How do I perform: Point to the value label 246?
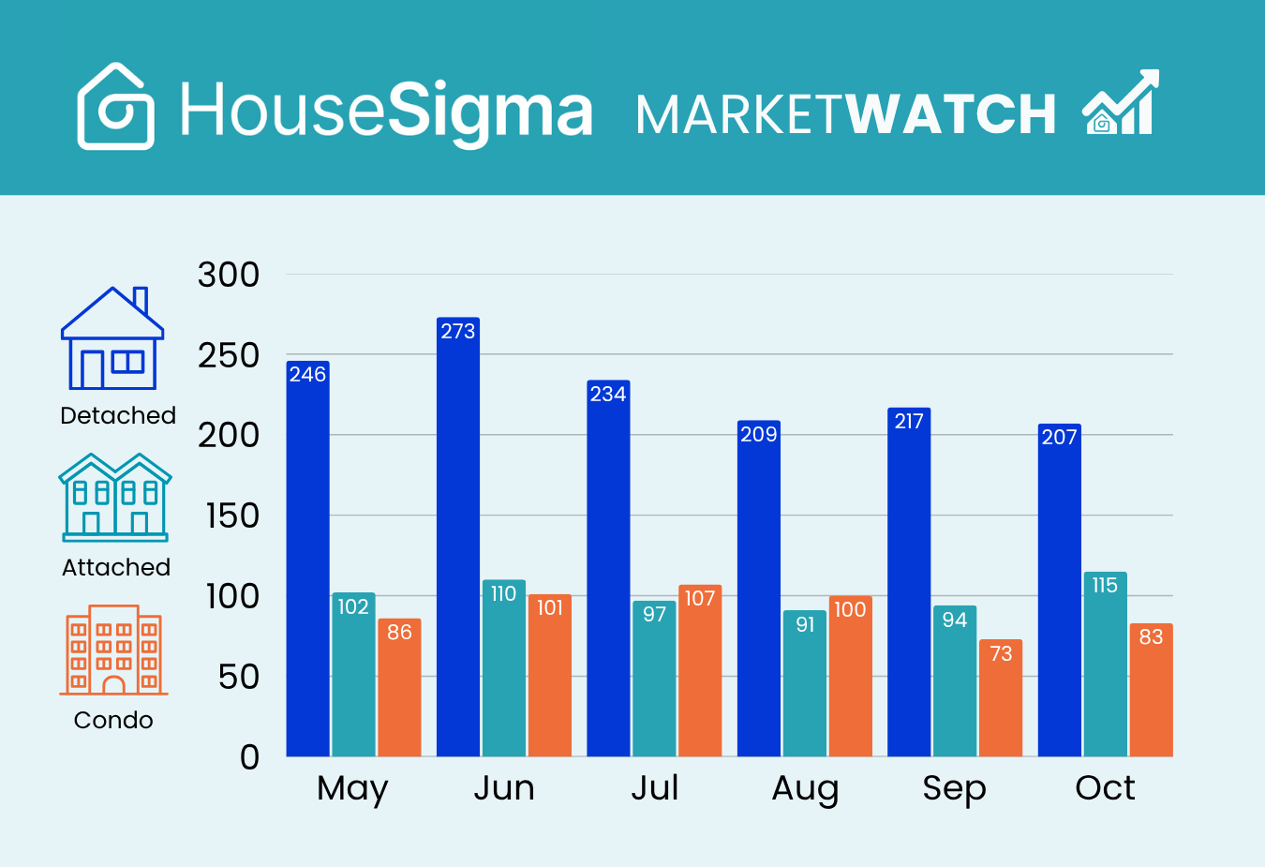point(307,375)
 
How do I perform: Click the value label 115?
point(1105,586)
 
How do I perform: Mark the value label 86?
point(399,633)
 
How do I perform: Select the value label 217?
point(909,422)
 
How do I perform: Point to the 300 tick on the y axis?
point(229,276)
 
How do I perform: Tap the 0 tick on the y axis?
point(249,757)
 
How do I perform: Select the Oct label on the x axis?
point(1105,788)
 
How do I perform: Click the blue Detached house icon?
point(112,338)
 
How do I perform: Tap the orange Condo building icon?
point(113,650)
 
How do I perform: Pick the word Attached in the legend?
point(116,567)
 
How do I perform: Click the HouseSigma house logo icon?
point(115,107)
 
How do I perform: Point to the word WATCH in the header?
point(950,114)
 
